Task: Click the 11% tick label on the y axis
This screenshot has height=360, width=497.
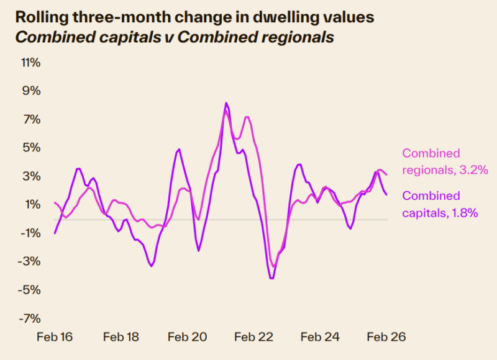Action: [30, 63]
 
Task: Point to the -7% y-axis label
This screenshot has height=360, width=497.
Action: [30, 318]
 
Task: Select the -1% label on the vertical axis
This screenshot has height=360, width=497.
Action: [30, 233]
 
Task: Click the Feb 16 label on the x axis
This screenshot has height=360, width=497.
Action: [55, 337]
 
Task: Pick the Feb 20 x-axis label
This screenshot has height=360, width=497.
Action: [187, 337]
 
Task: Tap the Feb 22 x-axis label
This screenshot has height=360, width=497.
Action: [253, 337]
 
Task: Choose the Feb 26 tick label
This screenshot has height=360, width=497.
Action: [386, 337]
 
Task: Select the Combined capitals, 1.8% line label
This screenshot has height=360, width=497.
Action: [440, 204]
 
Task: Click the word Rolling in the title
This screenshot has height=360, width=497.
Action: [39, 17]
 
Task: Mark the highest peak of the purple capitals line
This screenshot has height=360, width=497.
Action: [226, 103]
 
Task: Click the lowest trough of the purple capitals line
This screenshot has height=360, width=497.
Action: [271, 279]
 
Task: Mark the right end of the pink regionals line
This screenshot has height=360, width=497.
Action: [387, 174]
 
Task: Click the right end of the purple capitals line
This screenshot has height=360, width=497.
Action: [387, 194]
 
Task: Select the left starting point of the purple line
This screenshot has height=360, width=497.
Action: [55, 233]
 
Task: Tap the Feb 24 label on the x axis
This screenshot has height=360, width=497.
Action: [320, 337]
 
